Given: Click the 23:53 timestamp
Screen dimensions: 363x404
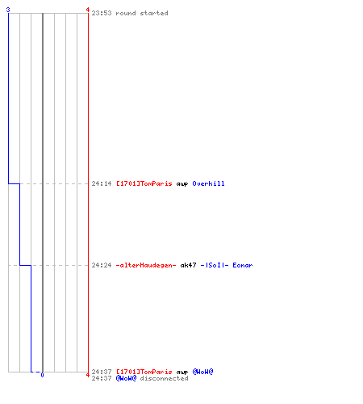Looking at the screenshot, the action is coord(102,13).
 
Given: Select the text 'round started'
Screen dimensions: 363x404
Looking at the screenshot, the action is coord(142,13).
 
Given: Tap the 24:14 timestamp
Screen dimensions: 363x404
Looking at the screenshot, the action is coord(102,183).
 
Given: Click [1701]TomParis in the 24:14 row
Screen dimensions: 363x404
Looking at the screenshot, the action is coord(144,183).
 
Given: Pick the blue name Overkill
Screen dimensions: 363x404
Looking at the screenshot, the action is coord(208,183).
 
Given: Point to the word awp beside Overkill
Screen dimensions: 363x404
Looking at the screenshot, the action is coord(182,184).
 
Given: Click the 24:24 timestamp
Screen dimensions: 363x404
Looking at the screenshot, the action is coord(102,265).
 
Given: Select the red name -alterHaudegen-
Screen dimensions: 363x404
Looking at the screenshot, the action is coord(146,265).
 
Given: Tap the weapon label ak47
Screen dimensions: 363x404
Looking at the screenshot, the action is coord(188,265).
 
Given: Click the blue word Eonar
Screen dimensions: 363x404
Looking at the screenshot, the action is coord(243,265).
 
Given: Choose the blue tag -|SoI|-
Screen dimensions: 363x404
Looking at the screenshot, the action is coord(215,265).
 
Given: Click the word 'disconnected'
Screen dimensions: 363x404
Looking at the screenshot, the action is coord(164,378).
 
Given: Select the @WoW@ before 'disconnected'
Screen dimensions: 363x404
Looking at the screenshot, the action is coord(126,378).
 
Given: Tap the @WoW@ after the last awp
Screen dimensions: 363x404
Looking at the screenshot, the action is coord(202,372).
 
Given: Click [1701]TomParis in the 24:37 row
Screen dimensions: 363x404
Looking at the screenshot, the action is coord(144,372).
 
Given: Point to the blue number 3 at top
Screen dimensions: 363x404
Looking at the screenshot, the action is coord(8,10).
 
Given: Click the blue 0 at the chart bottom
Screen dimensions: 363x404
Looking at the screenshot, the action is coord(42,375).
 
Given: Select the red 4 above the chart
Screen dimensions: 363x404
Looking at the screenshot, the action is coord(88,10).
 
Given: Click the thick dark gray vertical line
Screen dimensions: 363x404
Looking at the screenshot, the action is coord(43,192).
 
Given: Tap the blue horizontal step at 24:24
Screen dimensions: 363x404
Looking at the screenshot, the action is coord(25,266).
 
